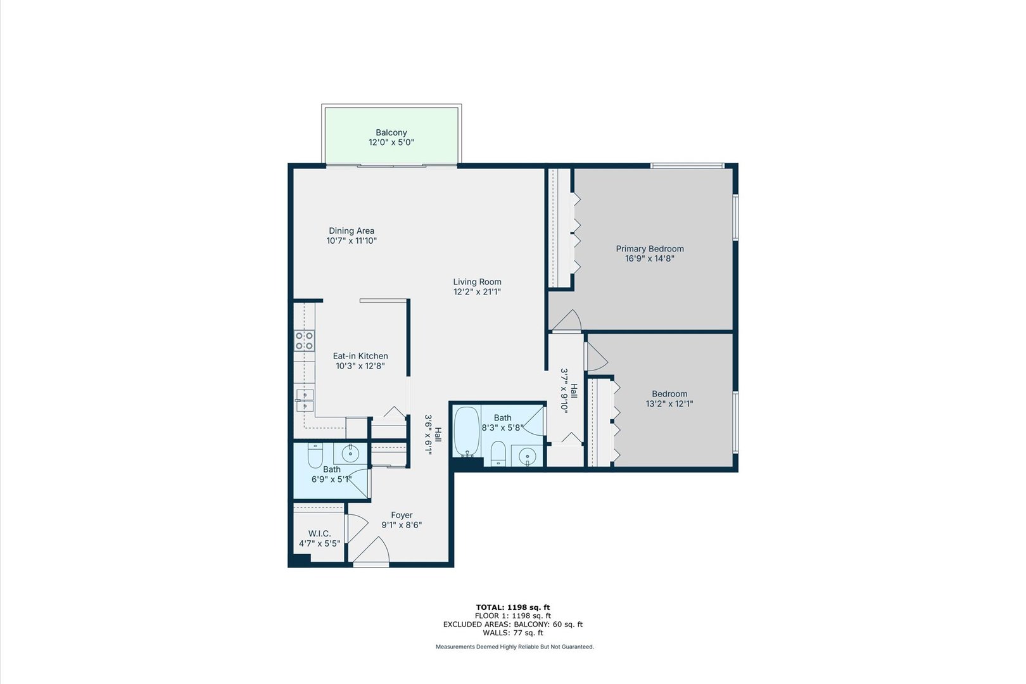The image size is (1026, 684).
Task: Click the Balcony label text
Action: [391, 132]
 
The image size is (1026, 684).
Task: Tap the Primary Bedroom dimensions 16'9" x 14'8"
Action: [650, 258]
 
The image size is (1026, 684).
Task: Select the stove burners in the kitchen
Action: [305, 341]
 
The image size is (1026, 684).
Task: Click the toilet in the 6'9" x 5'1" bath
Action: [315, 455]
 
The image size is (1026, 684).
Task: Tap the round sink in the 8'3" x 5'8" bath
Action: [526, 456]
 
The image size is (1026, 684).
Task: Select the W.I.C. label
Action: [319, 534]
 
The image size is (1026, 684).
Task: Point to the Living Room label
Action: [477, 282]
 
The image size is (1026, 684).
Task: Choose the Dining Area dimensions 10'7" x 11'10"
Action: [351, 241]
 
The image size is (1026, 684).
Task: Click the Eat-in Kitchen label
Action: [360, 356]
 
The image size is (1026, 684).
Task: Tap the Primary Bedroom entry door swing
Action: [567, 320]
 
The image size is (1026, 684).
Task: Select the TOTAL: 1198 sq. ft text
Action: [512, 607]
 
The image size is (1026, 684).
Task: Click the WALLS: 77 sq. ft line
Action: [512, 633]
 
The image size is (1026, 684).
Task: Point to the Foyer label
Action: [402, 515]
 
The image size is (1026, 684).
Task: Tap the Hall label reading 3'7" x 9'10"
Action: [569, 391]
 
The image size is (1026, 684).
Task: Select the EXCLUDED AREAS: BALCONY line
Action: [512, 624]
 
